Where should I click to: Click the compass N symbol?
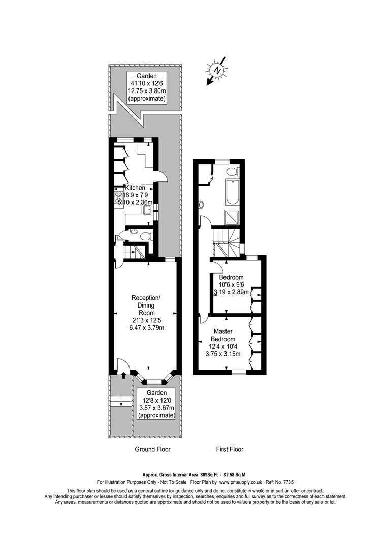217,70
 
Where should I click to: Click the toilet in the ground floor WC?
146,236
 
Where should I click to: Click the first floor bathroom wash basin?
202,205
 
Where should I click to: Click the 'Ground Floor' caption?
152,449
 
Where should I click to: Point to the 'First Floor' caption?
230,449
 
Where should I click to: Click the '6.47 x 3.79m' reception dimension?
146,328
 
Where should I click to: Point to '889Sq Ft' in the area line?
214,473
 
